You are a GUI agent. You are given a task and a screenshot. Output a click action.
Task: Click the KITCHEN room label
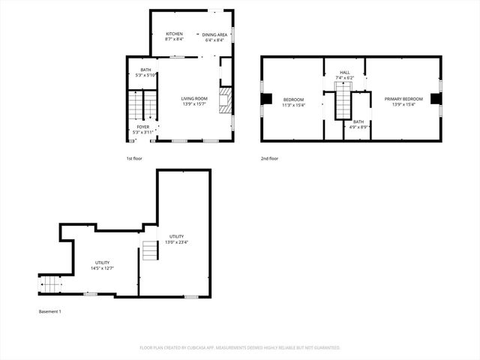[x=174, y=36]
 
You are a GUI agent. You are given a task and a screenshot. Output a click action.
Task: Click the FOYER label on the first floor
[x=142, y=129]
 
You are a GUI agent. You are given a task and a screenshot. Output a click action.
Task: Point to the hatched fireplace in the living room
[x=223, y=100]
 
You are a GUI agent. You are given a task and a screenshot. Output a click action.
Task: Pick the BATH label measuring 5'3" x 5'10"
[x=145, y=72]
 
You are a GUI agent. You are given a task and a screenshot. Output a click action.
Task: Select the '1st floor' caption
[x=134, y=159]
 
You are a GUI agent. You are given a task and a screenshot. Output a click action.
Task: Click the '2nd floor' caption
[x=269, y=159]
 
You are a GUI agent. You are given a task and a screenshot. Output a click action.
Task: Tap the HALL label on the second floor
[x=344, y=75]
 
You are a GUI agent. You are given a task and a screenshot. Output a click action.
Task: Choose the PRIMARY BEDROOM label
[x=403, y=101]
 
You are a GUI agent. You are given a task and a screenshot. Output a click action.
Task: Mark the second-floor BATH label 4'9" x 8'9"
[x=358, y=124]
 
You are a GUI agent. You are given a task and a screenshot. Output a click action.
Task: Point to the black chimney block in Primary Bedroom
[x=435, y=99]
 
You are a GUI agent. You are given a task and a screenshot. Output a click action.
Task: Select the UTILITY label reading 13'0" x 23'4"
[x=176, y=238]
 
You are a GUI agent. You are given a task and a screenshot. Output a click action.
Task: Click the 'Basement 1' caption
[x=49, y=311]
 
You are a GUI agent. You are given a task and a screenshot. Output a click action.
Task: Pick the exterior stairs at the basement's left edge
[x=49, y=285]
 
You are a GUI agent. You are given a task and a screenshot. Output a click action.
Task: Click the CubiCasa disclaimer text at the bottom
[x=240, y=347]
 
